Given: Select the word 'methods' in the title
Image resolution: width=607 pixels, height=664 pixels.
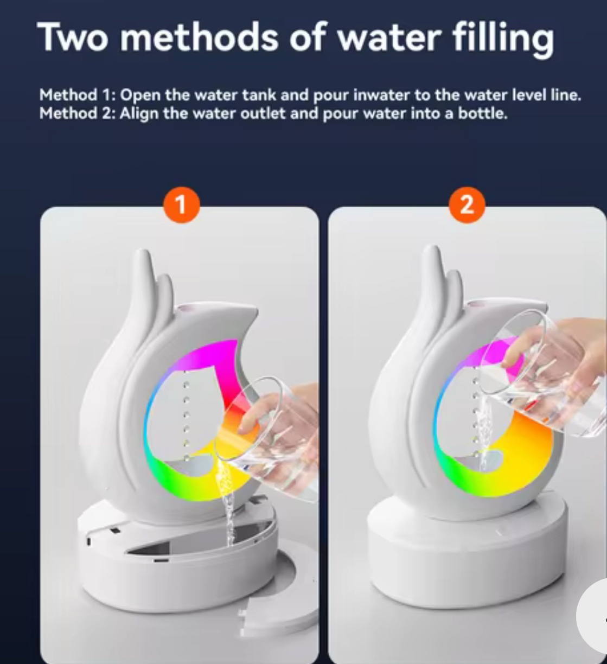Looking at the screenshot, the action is [x=199, y=36].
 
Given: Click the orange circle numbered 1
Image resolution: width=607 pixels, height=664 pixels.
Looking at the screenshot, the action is [x=182, y=205].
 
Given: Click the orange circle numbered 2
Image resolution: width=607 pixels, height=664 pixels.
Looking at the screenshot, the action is [x=467, y=205].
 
